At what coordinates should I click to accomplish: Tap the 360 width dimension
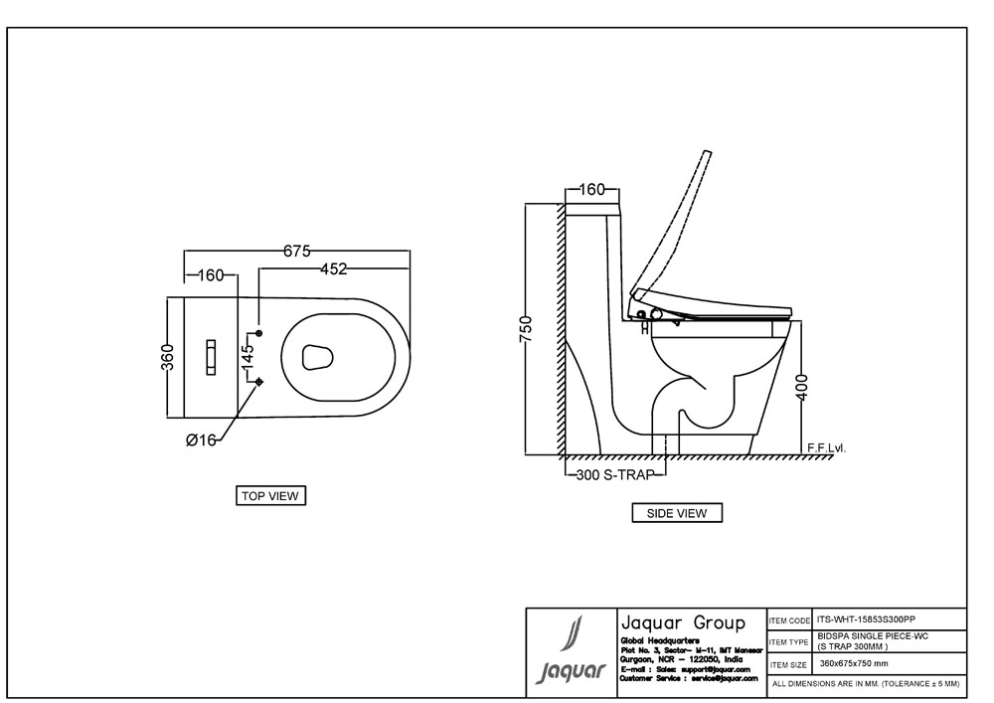(x=168, y=355)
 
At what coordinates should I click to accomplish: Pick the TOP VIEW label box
(x=269, y=495)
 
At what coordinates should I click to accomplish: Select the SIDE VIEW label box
(x=677, y=513)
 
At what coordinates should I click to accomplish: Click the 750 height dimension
(x=527, y=327)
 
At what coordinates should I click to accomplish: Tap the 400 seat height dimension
(x=803, y=386)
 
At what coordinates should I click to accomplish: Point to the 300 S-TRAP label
(x=615, y=475)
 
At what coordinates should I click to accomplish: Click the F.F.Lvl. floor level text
(x=825, y=447)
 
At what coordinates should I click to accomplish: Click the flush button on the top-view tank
(x=212, y=356)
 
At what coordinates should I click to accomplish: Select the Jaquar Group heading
(x=682, y=623)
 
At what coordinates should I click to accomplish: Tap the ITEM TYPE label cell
(x=791, y=641)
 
